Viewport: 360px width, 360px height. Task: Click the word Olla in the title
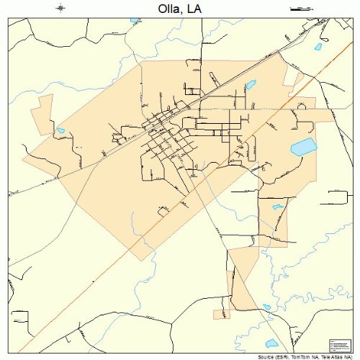point(166,9)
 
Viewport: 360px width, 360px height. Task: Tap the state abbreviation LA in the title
point(193,9)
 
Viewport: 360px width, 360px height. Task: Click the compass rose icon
point(60,8)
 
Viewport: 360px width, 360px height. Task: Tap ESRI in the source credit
point(288,356)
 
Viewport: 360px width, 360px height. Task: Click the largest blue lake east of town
point(303,148)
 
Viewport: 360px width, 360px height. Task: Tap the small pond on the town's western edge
point(60,131)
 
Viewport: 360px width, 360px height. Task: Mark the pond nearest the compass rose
point(134,20)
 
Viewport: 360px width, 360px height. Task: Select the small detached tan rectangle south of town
point(222,313)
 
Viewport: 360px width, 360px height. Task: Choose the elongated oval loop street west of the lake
point(251,150)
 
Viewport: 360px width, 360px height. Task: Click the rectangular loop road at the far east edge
point(337,199)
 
